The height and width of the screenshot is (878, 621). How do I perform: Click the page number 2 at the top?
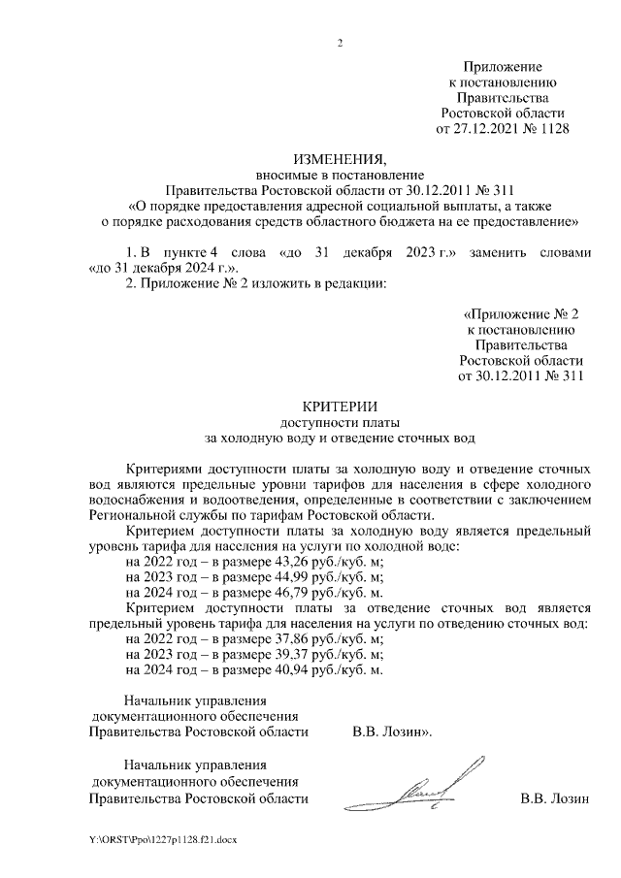click(340, 42)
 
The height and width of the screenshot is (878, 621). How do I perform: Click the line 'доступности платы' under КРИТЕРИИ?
click(340, 422)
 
